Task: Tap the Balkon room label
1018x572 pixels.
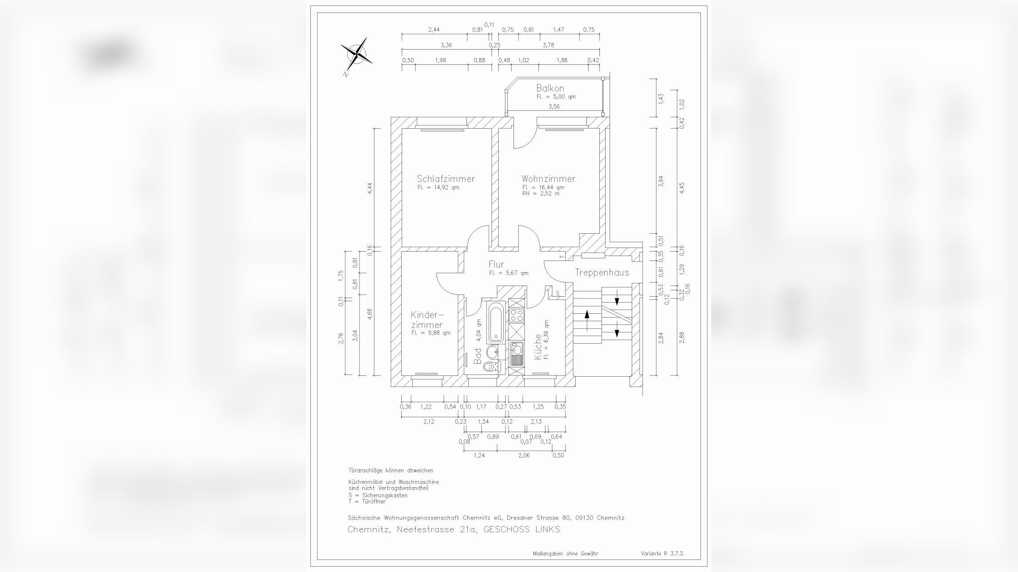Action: tap(550, 88)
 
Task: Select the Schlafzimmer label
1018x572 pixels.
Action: tap(445, 179)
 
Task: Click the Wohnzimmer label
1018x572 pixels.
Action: tap(548, 179)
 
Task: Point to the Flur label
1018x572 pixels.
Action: tap(496, 264)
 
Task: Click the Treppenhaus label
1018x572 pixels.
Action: tap(602, 273)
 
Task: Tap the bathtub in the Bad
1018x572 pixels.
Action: tap(496, 322)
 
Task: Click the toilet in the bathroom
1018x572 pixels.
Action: tap(491, 367)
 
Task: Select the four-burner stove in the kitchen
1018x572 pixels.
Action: tap(517, 315)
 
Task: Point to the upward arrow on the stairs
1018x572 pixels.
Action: tap(587, 314)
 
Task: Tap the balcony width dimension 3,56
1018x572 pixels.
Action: tap(554, 106)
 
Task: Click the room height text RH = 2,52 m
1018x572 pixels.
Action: tap(540, 193)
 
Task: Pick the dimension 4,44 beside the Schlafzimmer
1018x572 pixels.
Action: tap(370, 188)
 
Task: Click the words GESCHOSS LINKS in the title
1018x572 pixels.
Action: tap(522, 530)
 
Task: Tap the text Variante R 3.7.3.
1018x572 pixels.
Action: tap(662, 553)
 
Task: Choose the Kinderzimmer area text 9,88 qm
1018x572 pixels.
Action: tap(431, 333)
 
